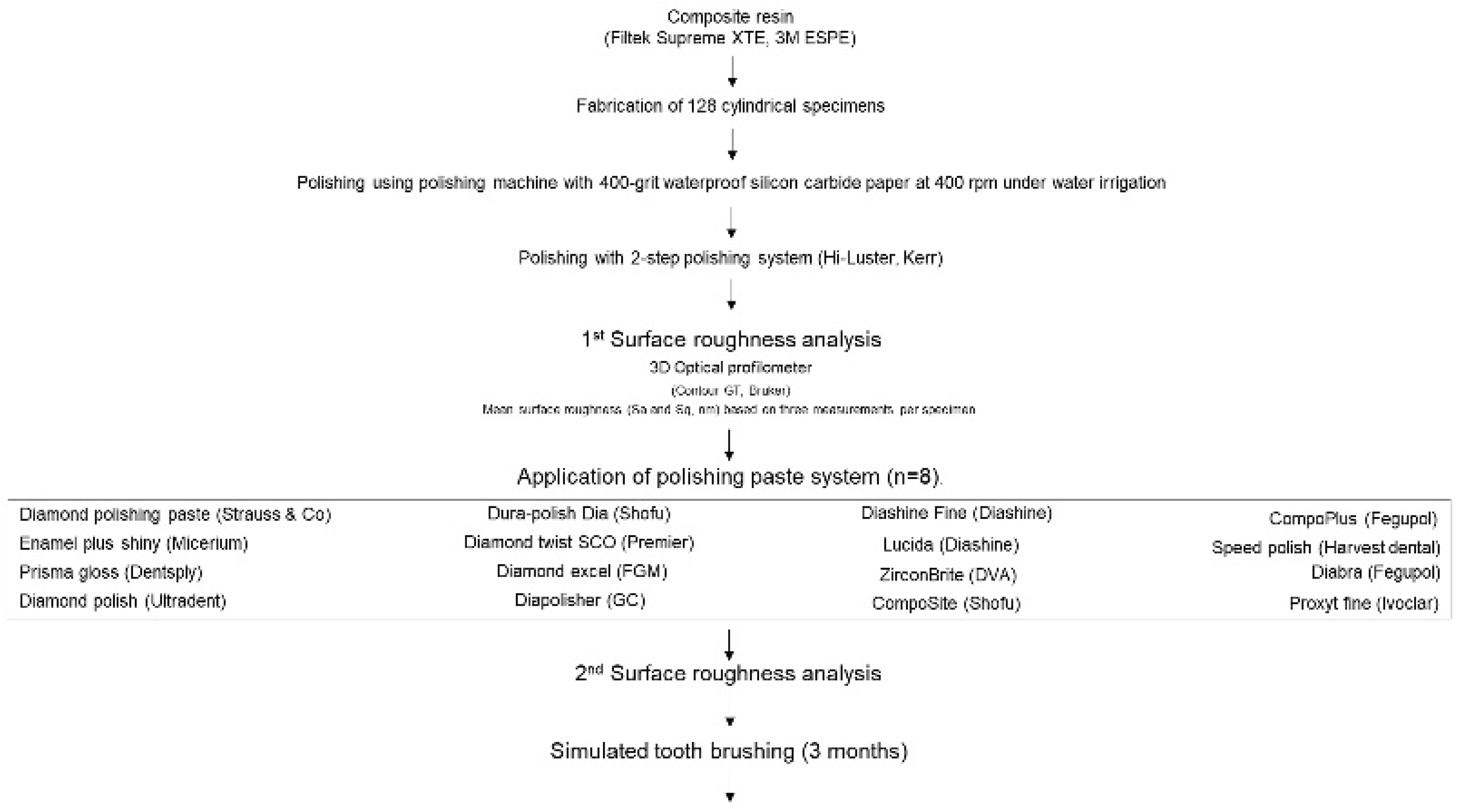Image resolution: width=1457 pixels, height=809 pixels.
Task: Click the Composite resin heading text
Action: pos(730,17)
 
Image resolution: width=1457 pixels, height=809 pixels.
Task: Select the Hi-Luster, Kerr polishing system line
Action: pos(730,259)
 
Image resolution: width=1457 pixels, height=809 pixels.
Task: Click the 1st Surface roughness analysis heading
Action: pos(731,339)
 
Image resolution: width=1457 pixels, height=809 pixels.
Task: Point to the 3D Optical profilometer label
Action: pos(730,368)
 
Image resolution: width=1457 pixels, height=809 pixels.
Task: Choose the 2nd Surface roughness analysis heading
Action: pos(728,674)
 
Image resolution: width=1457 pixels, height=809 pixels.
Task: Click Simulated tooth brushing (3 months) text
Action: pos(729,751)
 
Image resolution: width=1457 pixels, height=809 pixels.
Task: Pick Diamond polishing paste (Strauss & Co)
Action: pos(175,515)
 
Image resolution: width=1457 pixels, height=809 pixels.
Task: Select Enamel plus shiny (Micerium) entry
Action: pos(133,544)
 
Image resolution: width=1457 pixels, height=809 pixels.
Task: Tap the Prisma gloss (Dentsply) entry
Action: pos(111,573)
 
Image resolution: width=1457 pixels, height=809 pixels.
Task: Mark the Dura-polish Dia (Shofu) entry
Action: pos(579,513)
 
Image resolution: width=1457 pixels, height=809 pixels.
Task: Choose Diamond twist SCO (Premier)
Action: pos(579,543)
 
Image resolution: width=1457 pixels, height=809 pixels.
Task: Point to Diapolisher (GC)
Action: pos(580,600)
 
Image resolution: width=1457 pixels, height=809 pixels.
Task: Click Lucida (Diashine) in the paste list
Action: pos(951,545)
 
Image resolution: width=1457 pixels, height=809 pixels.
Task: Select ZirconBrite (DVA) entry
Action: pos(948,575)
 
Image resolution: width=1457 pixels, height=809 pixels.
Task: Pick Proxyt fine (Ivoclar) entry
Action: pos(1364,604)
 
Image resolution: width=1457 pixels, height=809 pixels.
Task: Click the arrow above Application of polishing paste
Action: pos(729,445)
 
